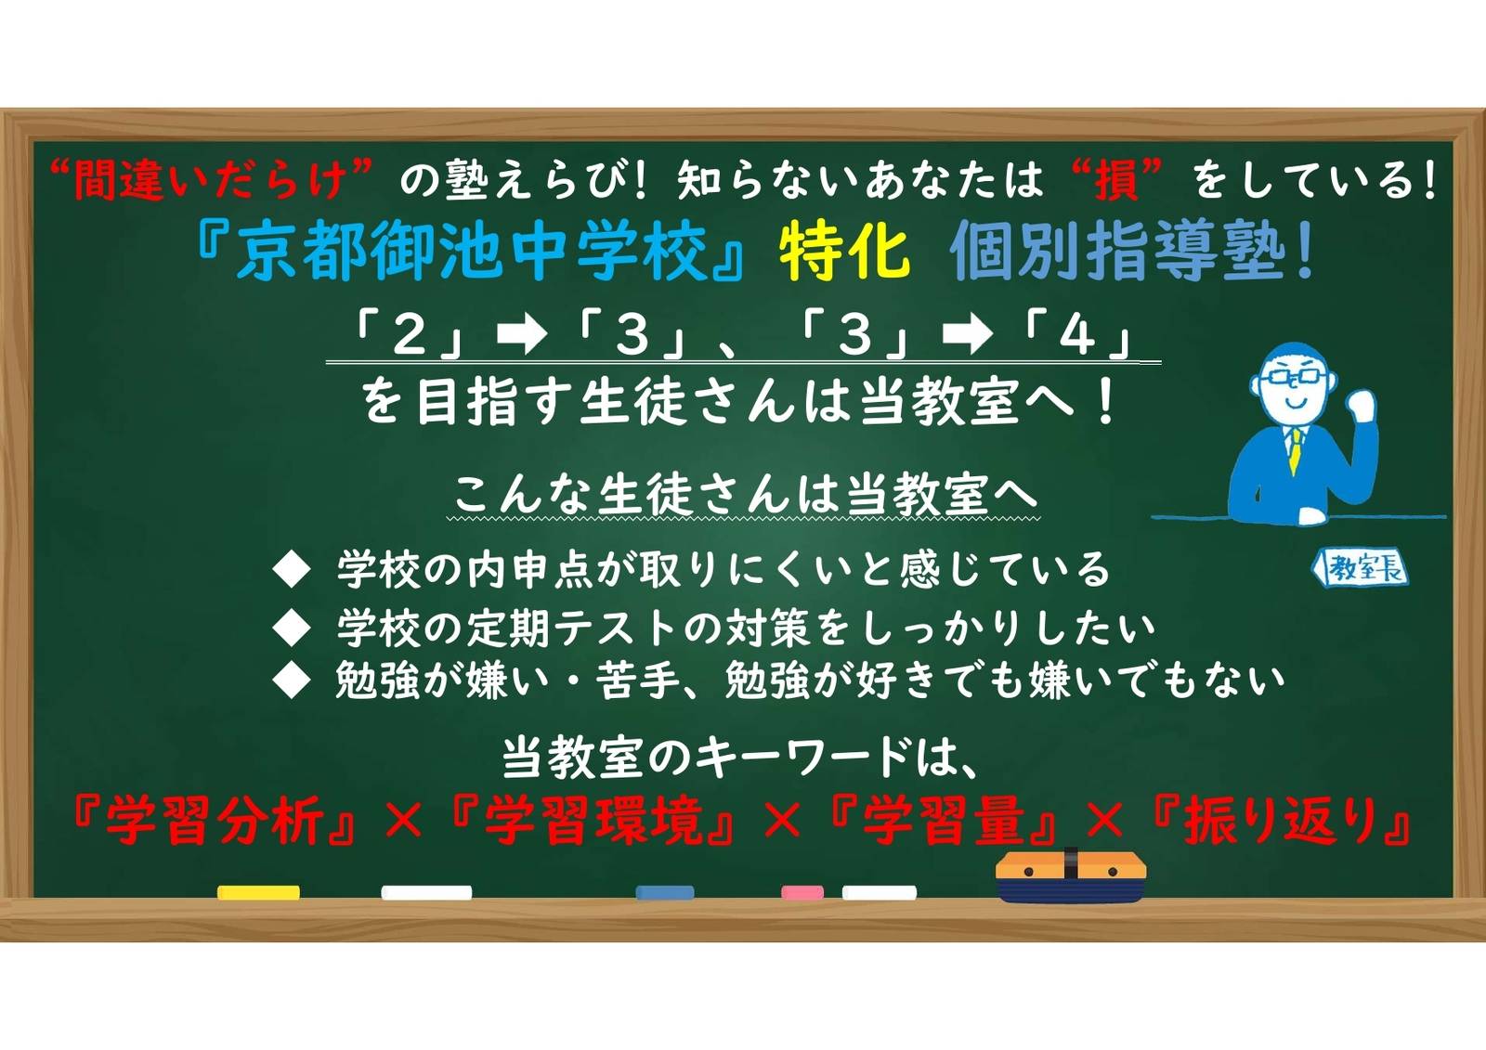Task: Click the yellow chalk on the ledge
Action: pyautogui.click(x=258, y=892)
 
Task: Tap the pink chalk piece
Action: pyautogui.click(x=802, y=892)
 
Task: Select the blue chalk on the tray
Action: pyautogui.click(x=665, y=892)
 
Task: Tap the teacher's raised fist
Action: pyautogui.click(x=1361, y=406)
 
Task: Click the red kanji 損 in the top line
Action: pyautogui.click(x=1117, y=180)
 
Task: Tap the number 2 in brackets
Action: pyautogui.click(x=409, y=335)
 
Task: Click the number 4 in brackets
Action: pyautogui.click(x=1076, y=335)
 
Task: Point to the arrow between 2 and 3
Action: pyautogui.click(x=521, y=336)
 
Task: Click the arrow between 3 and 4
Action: pyautogui.click(x=967, y=336)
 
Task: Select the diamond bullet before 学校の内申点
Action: pyautogui.click(x=293, y=570)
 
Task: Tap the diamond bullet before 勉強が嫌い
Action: pyautogui.click(x=293, y=681)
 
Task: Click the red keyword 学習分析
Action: pyautogui.click(x=215, y=821)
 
